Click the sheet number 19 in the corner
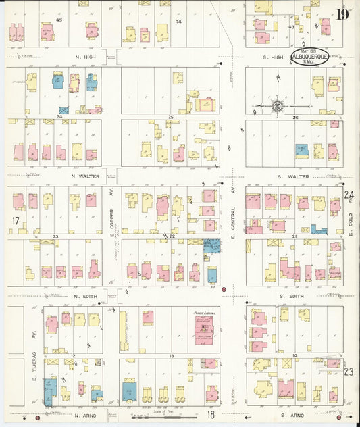[x=342, y=14]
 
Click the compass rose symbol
[x=277, y=106]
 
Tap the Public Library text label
[x=203, y=313]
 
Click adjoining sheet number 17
[x=15, y=220]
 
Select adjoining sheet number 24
[x=349, y=196]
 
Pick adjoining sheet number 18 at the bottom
[x=211, y=414]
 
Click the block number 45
[x=59, y=20]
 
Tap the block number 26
[x=295, y=117]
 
